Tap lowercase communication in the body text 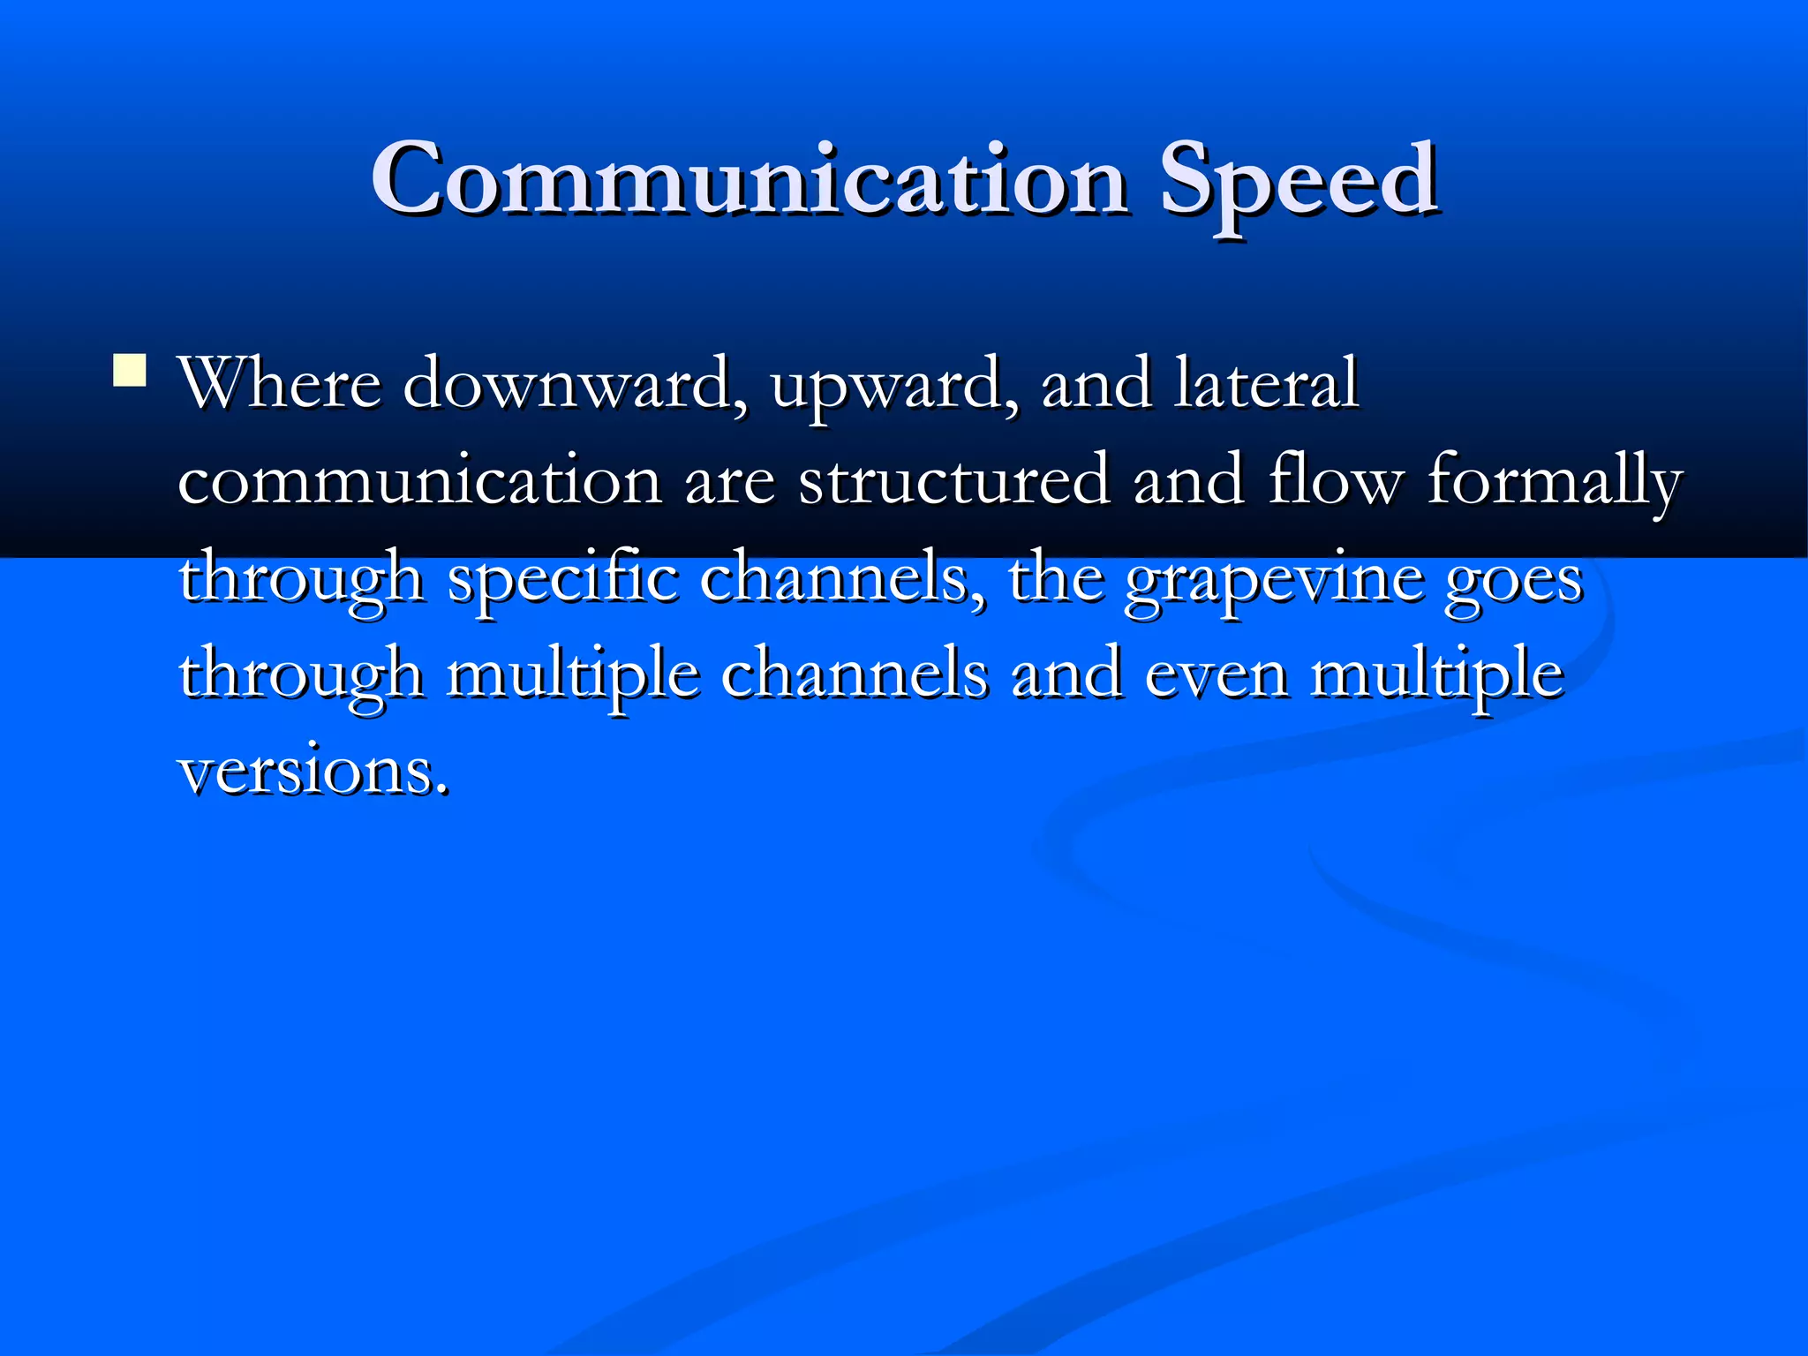point(419,481)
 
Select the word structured point(953,481)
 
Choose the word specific point(562,579)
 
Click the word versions point(313,771)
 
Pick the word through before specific point(301,579)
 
